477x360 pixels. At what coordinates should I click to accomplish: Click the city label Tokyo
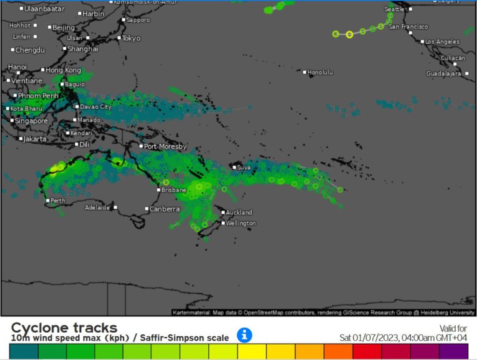[131, 38]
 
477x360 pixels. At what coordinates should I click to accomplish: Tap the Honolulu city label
[320, 72]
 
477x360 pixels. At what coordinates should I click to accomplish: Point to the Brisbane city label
[173, 190]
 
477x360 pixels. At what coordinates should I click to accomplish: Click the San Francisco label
[408, 27]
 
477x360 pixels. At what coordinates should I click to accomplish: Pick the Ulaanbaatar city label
[44, 9]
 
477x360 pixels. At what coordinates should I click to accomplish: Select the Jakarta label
[35, 138]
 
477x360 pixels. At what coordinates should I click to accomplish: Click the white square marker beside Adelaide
[115, 207]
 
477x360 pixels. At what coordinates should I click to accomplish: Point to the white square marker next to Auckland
[222, 213]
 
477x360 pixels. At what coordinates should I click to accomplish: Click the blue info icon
[244, 335]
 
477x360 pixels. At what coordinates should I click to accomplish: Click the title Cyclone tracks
[64, 327]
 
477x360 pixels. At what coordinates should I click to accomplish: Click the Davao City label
[96, 107]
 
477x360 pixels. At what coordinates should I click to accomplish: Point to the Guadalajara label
[444, 73]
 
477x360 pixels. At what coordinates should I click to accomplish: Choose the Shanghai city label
[83, 48]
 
